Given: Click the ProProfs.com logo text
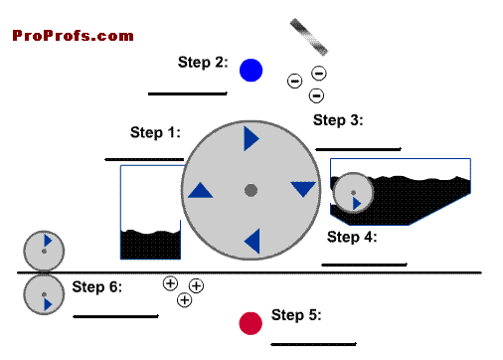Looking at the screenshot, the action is (x=73, y=36).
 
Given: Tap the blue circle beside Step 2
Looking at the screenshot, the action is (x=251, y=71).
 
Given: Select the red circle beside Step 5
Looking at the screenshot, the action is (x=251, y=323).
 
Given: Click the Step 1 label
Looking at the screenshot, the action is (x=155, y=132).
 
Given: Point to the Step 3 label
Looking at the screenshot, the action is (x=338, y=120).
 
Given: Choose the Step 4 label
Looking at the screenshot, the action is (x=352, y=237).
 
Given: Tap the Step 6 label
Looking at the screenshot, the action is (x=97, y=286).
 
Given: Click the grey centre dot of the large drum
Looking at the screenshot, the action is (x=251, y=190).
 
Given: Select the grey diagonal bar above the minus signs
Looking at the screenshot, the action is (x=309, y=37).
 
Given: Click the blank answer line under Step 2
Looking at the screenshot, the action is (x=188, y=93).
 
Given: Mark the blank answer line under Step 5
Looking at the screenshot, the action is (x=313, y=344).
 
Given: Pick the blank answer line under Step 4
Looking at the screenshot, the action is (x=364, y=265).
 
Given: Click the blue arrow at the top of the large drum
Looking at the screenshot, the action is (x=251, y=138).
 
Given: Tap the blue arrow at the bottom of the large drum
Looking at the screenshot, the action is (x=252, y=242).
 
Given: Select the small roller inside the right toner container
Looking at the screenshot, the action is (x=353, y=193).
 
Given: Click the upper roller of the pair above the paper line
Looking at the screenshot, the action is (x=44, y=251).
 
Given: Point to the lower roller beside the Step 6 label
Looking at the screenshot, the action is (x=44, y=294).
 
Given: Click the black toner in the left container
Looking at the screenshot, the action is (x=150, y=245).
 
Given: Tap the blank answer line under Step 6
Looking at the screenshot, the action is (x=115, y=316).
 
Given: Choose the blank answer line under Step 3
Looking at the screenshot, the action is (x=358, y=149).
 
